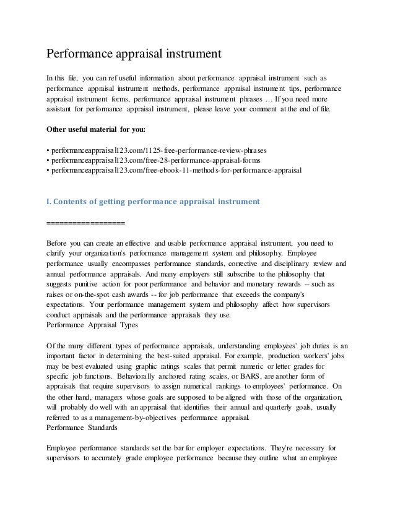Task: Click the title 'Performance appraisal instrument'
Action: click(134, 54)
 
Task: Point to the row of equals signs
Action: click(85, 222)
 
